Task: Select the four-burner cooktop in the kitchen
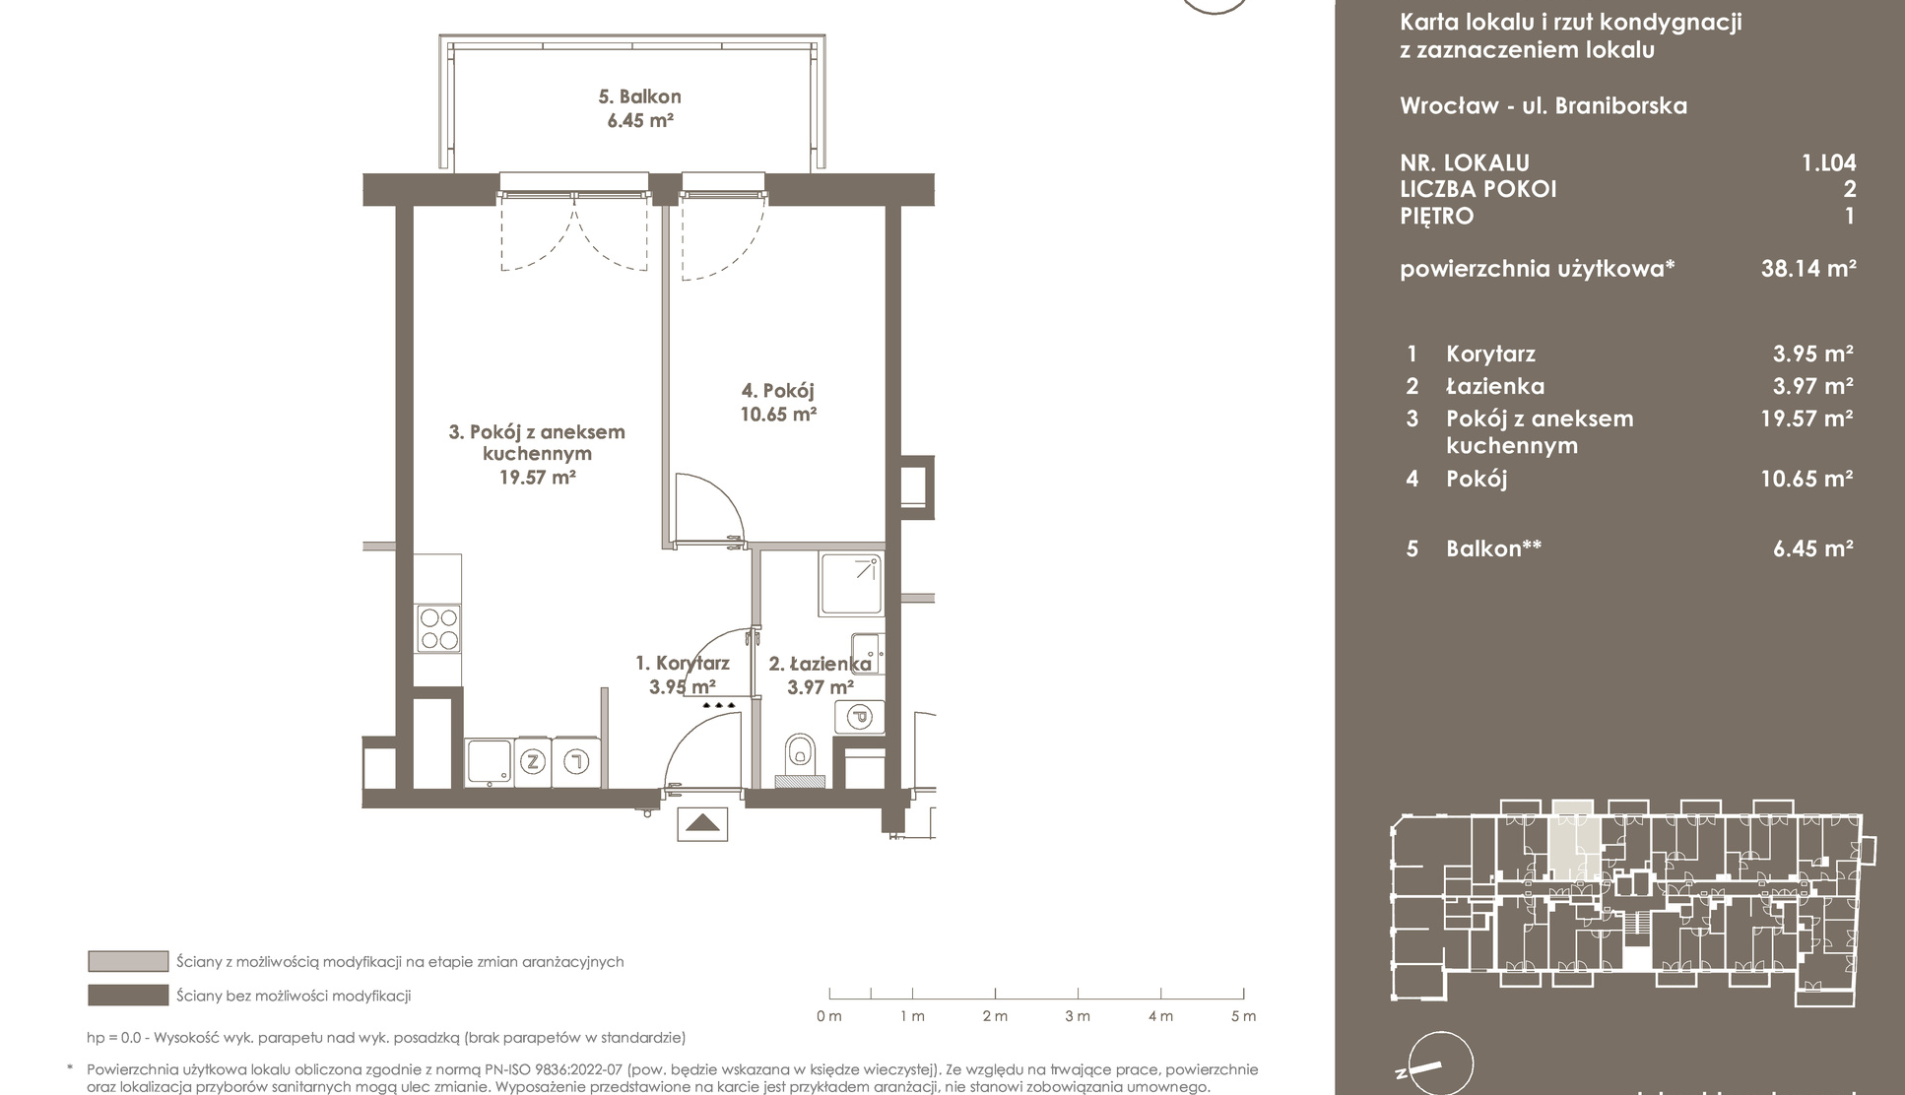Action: point(438,628)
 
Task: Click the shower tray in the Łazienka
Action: point(851,585)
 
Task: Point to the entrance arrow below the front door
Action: point(702,823)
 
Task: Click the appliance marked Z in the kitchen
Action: point(533,761)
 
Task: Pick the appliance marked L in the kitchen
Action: point(576,761)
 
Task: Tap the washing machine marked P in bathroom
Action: point(859,717)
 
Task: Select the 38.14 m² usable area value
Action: point(1808,268)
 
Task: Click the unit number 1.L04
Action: point(1829,162)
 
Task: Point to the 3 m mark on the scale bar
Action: point(1078,1016)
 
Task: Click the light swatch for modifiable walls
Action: point(128,961)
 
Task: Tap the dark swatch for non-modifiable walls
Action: point(128,996)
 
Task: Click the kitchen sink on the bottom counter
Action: point(489,763)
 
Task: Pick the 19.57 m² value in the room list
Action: point(1806,419)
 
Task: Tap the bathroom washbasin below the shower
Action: point(867,653)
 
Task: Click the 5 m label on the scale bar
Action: point(1244,1016)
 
